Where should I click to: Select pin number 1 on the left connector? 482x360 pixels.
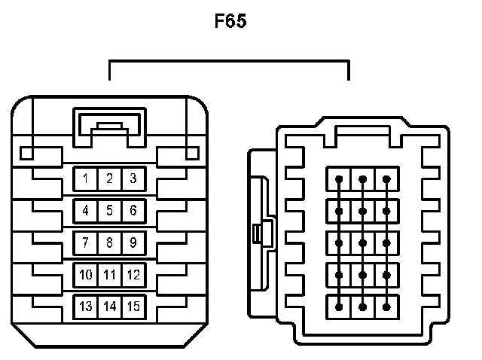pos(86,178)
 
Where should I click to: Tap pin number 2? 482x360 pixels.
pos(109,178)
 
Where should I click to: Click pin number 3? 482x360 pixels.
pos(133,178)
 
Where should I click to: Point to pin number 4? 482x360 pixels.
pos(86,210)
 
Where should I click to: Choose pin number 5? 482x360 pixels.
pos(109,210)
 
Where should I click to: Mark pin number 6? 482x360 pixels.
pos(133,210)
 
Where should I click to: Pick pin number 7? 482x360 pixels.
pos(86,243)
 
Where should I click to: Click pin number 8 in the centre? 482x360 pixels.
pos(109,243)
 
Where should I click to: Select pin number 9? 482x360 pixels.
pos(133,243)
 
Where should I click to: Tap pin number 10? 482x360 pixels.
pos(86,275)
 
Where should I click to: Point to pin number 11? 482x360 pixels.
pos(109,275)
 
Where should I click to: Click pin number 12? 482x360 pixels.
pos(133,275)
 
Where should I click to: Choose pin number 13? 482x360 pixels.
pos(86,307)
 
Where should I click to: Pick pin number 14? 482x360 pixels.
pos(109,307)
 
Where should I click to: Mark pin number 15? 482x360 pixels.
pos(133,307)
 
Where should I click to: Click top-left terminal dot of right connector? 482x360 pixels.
pos(340,179)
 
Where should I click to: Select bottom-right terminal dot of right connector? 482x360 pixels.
pos(387,307)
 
